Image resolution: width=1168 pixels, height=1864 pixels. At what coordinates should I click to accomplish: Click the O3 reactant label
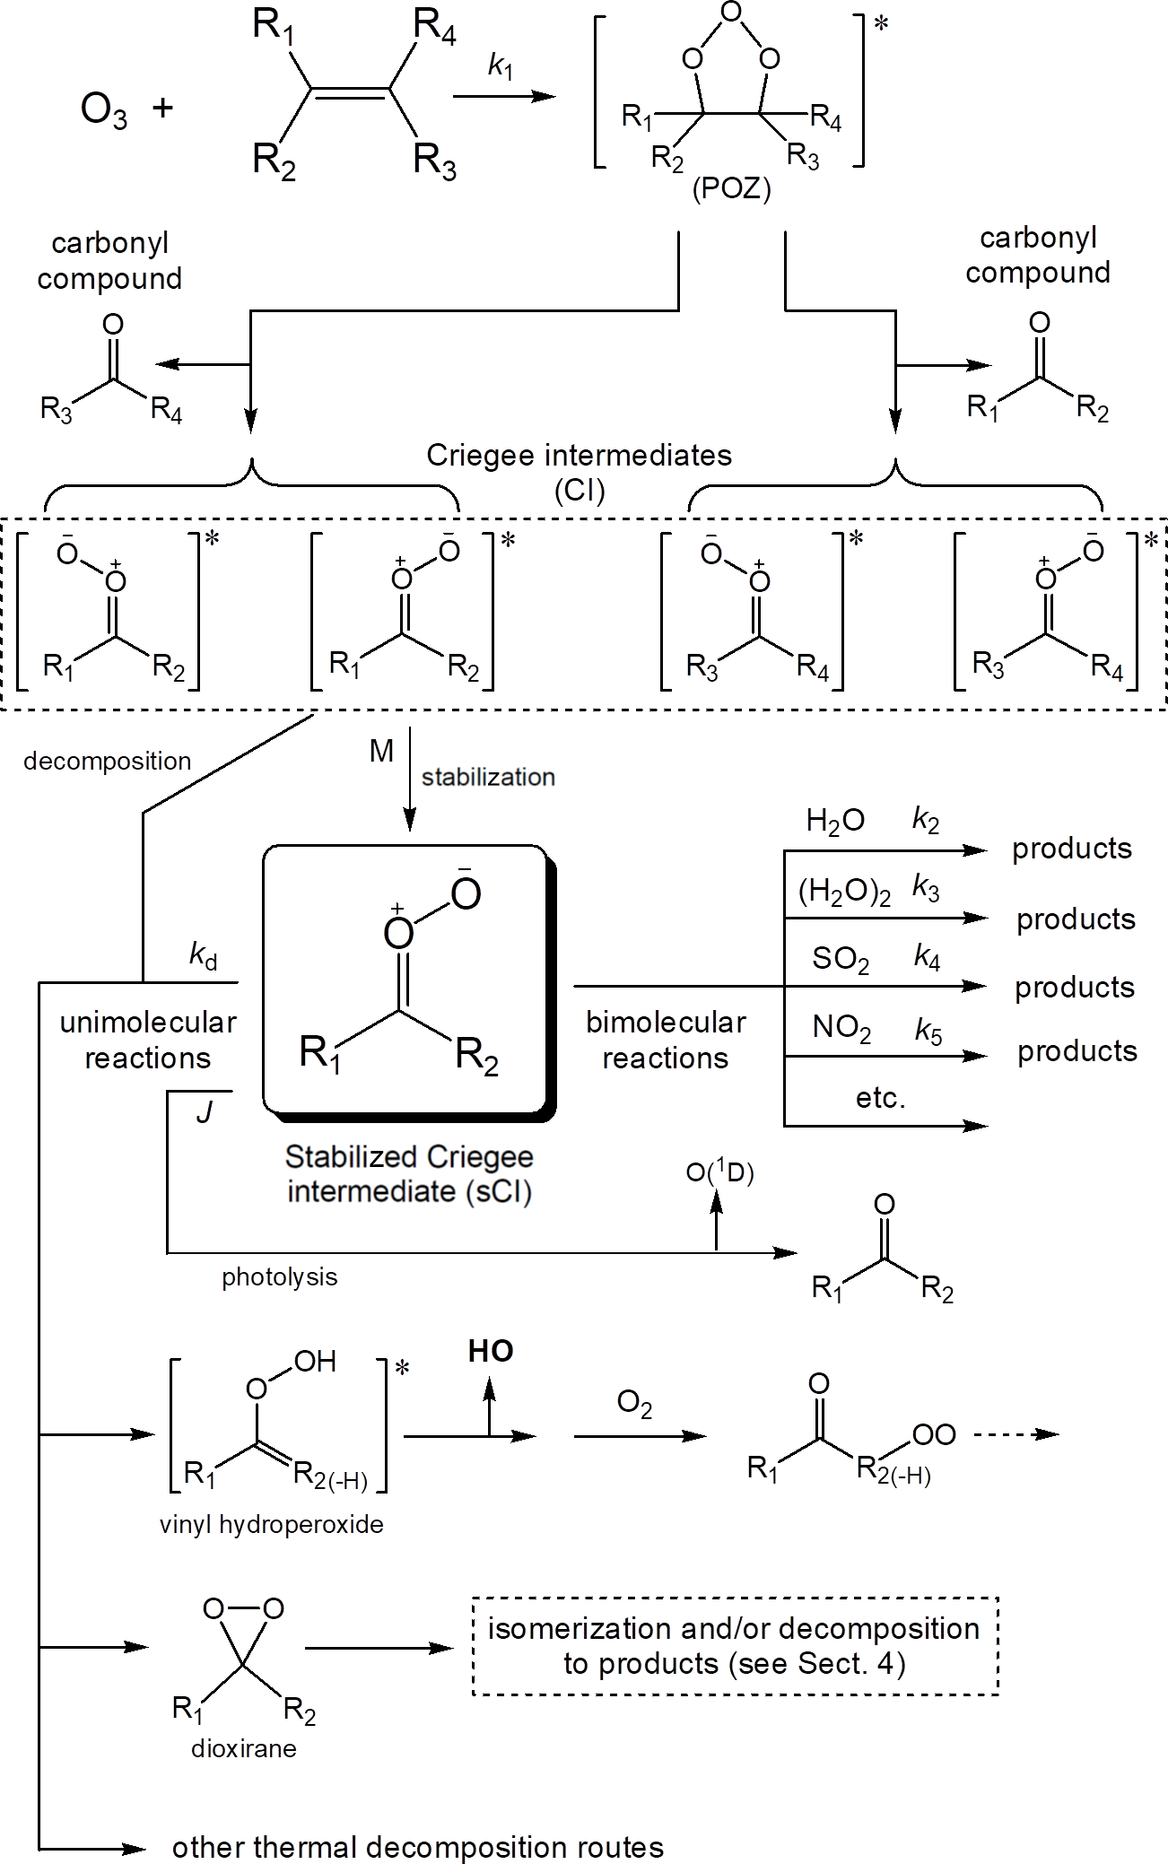(103, 111)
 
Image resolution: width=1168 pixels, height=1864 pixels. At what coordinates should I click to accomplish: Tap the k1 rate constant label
(501, 66)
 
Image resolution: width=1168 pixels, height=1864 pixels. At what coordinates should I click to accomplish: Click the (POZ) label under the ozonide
(731, 190)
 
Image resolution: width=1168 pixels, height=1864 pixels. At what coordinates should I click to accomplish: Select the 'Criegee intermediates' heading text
(579, 456)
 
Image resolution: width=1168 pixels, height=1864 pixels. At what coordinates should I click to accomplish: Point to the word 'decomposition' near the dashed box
(108, 762)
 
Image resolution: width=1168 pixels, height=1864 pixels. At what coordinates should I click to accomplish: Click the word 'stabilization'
(488, 777)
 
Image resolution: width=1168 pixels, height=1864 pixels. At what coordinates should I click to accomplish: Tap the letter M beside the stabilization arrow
(381, 752)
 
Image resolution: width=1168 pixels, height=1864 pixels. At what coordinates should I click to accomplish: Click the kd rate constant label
(203, 955)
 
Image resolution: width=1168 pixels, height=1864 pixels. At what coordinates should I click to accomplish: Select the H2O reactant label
(834, 821)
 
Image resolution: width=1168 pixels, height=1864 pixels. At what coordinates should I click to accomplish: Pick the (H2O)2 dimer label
(843, 892)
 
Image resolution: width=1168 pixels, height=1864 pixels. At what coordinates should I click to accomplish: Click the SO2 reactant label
(840, 960)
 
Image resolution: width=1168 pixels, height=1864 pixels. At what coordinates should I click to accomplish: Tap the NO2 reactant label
(841, 1028)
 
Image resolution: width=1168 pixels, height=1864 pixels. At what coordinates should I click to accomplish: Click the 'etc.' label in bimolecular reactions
(880, 1098)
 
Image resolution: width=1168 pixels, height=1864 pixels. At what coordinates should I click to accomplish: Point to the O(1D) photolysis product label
(719, 1172)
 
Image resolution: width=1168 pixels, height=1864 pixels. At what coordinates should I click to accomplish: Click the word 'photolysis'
(280, 1277)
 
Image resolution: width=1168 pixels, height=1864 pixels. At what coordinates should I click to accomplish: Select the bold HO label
(491, 1352)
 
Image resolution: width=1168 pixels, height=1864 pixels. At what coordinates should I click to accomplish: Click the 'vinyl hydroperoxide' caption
(271, 1525)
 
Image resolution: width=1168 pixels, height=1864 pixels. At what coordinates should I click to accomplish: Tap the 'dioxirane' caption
(243, 1748)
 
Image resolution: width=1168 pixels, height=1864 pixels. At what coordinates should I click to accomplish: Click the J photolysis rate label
(205, 1113)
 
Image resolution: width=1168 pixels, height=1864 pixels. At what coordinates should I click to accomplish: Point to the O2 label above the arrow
(634, 1404)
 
